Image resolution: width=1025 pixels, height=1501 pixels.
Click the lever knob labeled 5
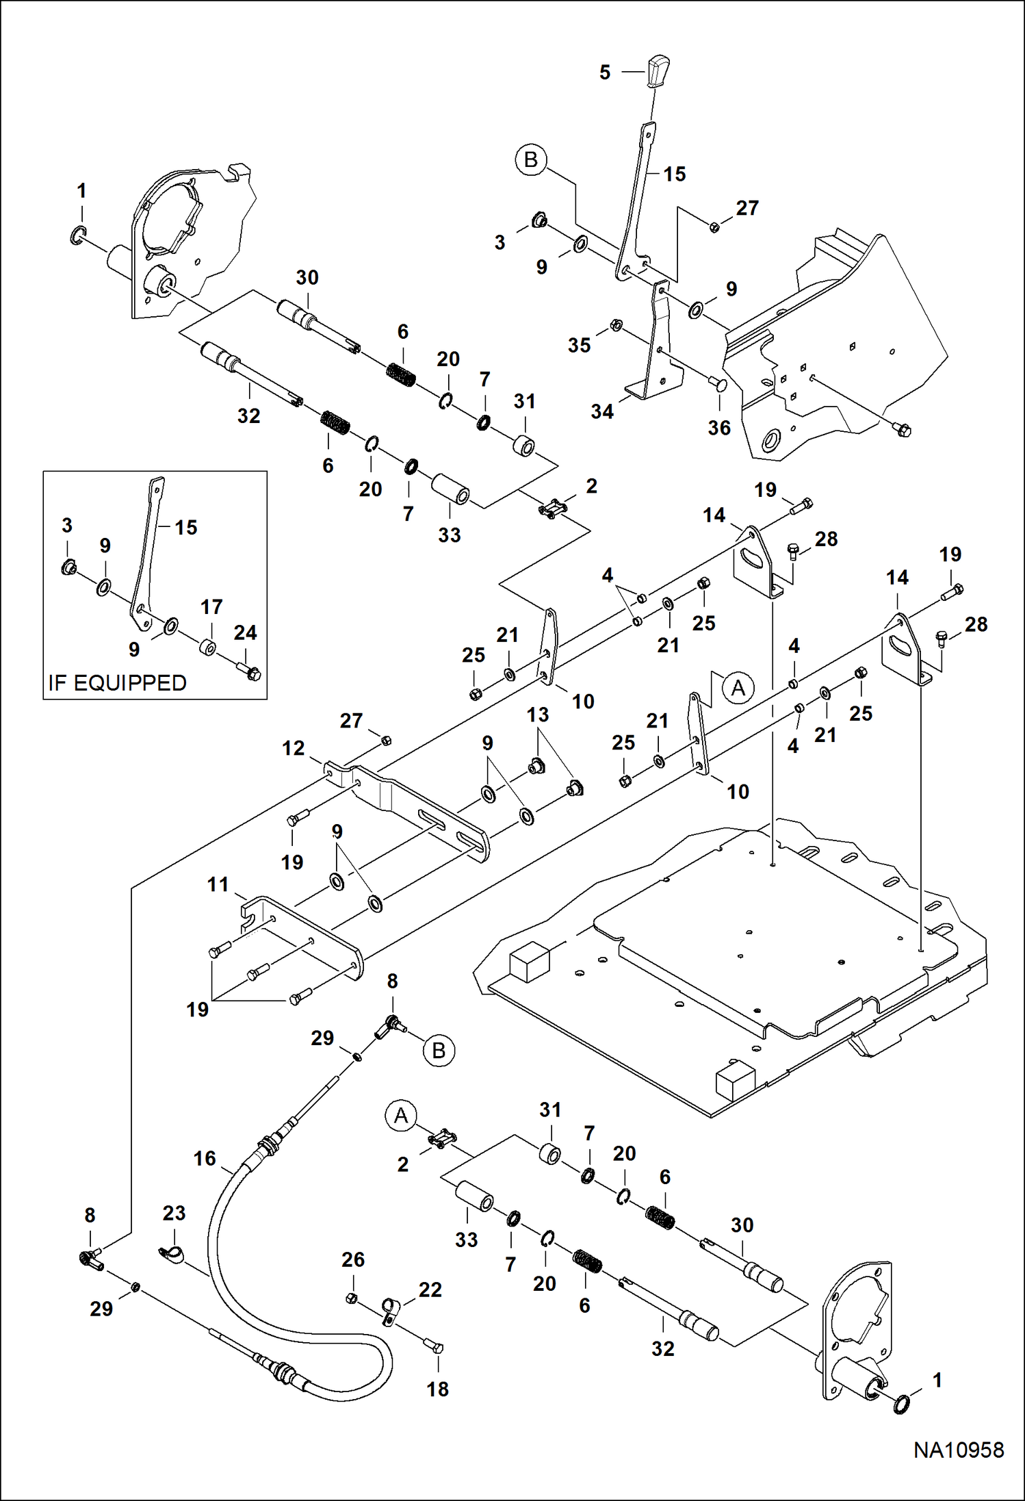pyautogui.click(x=657, y=70)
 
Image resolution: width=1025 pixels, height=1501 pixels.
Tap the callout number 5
pyautogui.click(x=605, y=73)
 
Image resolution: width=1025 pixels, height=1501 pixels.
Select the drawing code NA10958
pyautogui.click(x=959, y=1450)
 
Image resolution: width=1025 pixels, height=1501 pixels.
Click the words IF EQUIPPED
pyautogui.click(x=117, y=683)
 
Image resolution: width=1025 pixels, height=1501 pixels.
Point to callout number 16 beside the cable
pyautogui.click(x=205, y=1158)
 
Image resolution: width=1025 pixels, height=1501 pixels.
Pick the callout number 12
pyautogui.click(x=294, y=748)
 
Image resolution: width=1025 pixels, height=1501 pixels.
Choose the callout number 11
pyautogui.click(x=218, y=884)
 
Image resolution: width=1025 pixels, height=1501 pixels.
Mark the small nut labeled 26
pyautogui.click(x=352, y=1298)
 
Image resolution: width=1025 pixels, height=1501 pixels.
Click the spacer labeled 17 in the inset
pyautogui.click(x=208, y=647)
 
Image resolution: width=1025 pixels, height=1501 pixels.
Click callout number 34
pyautogui.click(x=602, y=411)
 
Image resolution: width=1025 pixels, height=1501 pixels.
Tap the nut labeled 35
pyautogui.click(x=616, y=325)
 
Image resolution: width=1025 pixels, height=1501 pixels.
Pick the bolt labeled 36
pyautogui.click(x=718, y=385)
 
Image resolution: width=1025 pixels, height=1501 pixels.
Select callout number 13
pyautogui.click(x=538, y=715)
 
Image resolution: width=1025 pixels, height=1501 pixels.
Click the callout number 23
pyautogui.click(x=174, y=1213)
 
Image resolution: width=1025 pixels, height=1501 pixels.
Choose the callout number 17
pyautogui.click(x=211, y=606)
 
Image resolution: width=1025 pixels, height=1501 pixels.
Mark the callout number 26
pyautogui.click(x=353, y=1259)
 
